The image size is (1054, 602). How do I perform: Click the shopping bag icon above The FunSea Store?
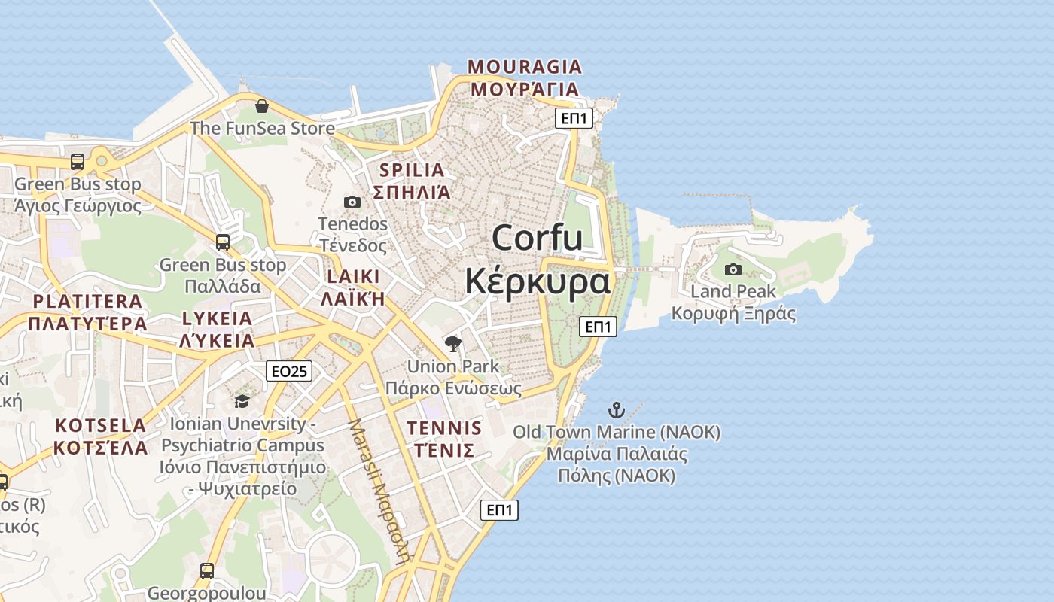click(261, 106)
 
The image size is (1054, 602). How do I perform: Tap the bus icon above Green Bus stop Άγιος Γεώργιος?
click(77, 161)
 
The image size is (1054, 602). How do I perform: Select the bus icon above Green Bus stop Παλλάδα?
click(222, 242)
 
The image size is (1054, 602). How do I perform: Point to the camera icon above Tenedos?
click(352, 202)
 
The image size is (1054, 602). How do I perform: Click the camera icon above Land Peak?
click(733, 269)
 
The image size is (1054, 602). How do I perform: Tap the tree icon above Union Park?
click(452, 344)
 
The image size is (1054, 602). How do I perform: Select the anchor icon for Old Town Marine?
click(617, 410)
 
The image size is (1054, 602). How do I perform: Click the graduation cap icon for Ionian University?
click(242, 401)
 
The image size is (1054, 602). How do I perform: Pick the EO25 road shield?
click(289, 371)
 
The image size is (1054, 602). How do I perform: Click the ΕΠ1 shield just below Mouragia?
click(574, 118)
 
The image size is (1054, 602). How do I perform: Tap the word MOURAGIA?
click(525, 66)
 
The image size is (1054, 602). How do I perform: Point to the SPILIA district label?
click(412, 170)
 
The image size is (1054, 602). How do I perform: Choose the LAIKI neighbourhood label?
click(353, 276)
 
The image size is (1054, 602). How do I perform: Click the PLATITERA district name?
click(87, 302)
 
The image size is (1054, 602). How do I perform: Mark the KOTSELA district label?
click(100, 426)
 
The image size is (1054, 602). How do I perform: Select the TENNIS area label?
click(444, 428)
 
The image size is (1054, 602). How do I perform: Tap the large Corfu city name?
click(538, 238)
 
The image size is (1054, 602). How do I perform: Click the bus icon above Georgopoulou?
click(207, 570)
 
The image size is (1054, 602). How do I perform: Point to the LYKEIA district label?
click(217, 318)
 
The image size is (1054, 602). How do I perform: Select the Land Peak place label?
click(733, 291)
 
